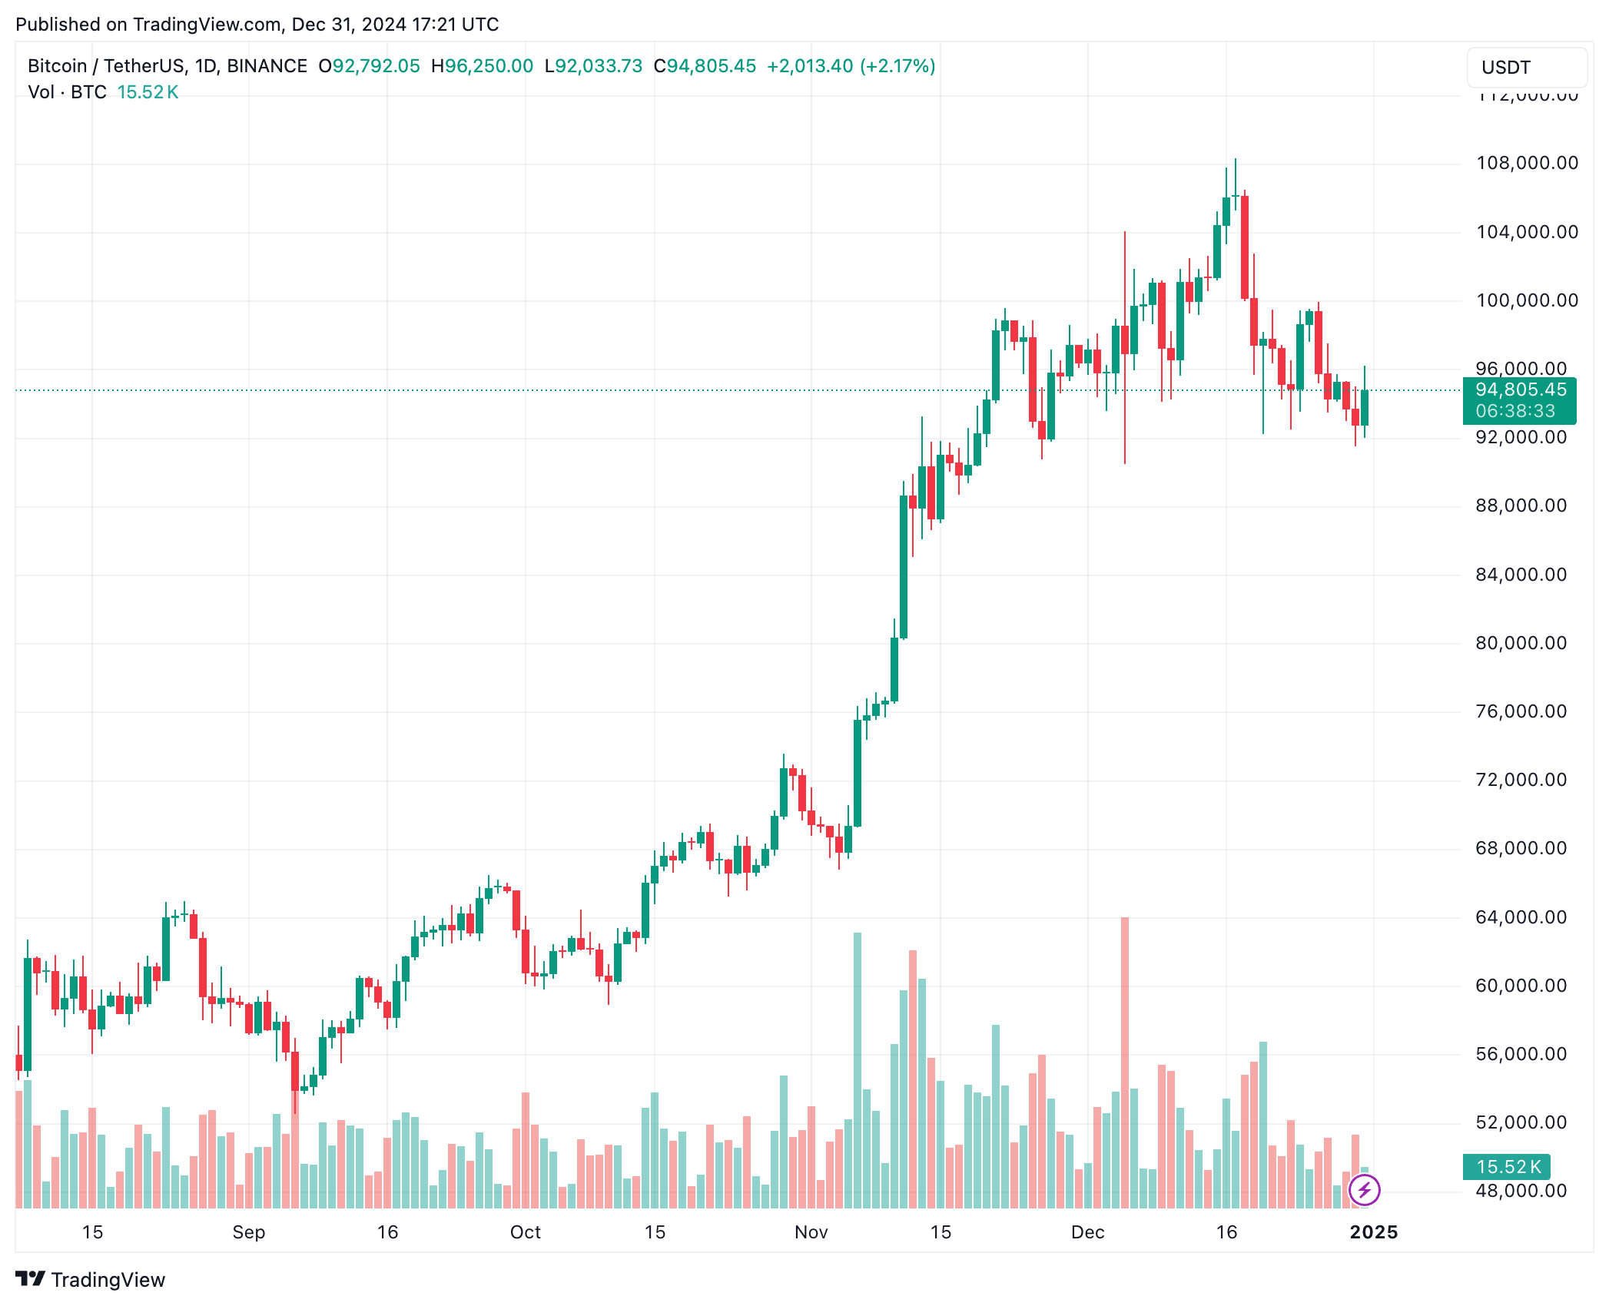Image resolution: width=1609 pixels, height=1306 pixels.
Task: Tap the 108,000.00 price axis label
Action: pos(1527,163)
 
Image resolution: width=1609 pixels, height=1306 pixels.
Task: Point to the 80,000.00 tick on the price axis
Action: pos(1521,643)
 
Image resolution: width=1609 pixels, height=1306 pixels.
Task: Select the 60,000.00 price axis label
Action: pos(1521,986)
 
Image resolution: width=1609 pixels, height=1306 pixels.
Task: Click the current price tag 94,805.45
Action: pos(1520,390)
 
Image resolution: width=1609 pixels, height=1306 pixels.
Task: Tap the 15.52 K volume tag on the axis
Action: pos(1507,1167)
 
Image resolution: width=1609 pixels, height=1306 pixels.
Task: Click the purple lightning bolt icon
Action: pos(1365,1191)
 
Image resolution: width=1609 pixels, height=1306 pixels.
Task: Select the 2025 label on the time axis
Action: pos(1374,1232)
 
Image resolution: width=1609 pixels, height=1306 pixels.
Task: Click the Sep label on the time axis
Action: pos(248,1232)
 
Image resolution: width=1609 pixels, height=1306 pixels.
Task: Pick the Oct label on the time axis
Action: pos(526,1232)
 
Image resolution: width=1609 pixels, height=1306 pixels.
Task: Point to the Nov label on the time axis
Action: pos(811,1232)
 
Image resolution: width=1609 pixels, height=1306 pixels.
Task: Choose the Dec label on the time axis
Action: pos(1087,1232)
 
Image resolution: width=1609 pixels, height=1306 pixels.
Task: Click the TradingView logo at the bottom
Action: pos(91,1280)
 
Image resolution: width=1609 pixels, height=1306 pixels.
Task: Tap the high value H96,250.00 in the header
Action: pos(482,66)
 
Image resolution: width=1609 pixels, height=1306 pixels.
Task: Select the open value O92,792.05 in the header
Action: pos(370,66)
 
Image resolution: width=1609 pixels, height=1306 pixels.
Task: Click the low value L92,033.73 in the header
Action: pos(593,66)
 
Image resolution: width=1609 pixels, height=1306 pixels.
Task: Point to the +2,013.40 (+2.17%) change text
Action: pos(851,66)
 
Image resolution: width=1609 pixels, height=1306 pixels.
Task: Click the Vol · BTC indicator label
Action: pos(67,92)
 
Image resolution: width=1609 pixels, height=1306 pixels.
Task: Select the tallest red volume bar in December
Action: pos(1125,1060)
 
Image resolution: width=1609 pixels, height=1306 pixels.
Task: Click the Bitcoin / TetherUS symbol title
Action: pos(167,66)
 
